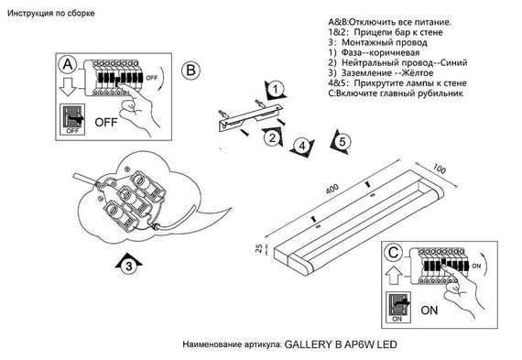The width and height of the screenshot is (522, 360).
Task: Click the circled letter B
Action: pyautogui.click(x=190, y=71)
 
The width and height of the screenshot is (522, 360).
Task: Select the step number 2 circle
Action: pyautogui.click(x=272, y=139)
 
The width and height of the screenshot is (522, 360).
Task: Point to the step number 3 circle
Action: pyautogui.click(x=130, y=267)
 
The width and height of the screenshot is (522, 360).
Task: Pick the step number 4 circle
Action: pyautogui.click(x=301, y=146)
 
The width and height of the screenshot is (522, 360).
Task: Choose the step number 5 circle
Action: pyautogui.click(x=339, y=142)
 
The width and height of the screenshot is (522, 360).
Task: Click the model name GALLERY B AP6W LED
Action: pyautogui.click(x=343, y=346)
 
